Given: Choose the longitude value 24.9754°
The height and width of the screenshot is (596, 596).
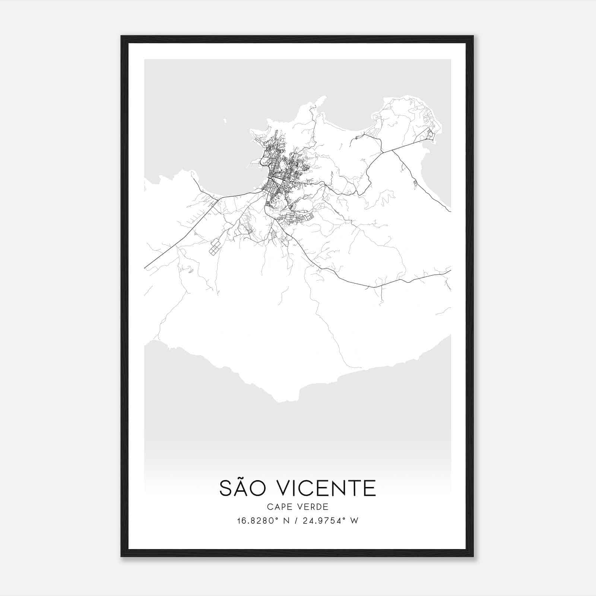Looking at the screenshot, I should point(323,520).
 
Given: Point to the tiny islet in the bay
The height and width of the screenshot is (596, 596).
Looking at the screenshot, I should point(225,120).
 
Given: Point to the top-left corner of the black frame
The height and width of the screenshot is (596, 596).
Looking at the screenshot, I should point(121,36).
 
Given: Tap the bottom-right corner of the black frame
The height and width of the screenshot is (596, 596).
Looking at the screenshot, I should point(473,557).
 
